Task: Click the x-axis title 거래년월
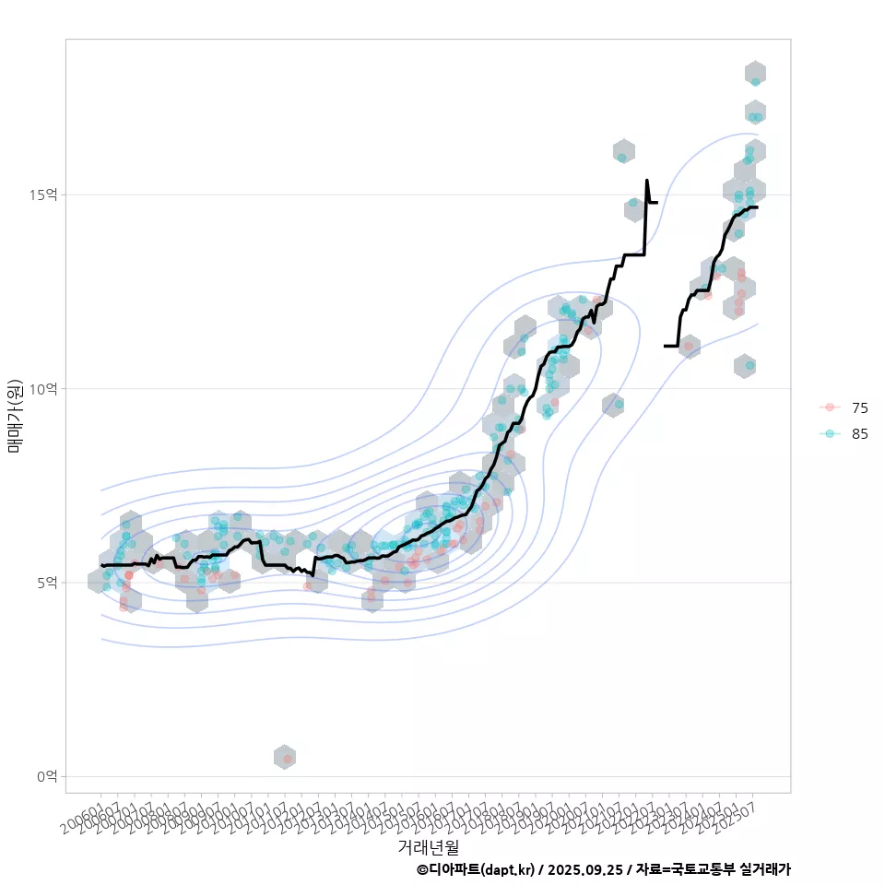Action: pyautogui.click(x=428, y=845)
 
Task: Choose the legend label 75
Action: pyautogui.click(x=860, y=407)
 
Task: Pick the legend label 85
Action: pyautogui.click(x=860, y=434)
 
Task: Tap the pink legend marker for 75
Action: pyautogui.click(x=831, y=407)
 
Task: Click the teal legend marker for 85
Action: pyautogui.click(x=831, y=434)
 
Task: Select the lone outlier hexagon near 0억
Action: pyautogui.click(x=285, y=757)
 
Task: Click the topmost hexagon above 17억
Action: pyautogui.click(x=755, y=73)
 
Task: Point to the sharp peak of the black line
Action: pyautogui.click(x=647, y=181)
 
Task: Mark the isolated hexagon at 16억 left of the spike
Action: pyautogui.click(x=623, y=151)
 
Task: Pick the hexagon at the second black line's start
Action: pyautogui.click(x=689, y=348)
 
